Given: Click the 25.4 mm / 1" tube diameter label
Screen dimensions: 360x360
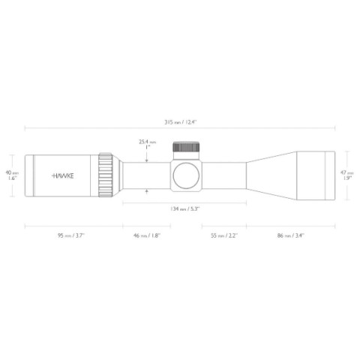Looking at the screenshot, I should [147, 144].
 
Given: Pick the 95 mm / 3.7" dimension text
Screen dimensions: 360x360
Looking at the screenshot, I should [71, 235].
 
